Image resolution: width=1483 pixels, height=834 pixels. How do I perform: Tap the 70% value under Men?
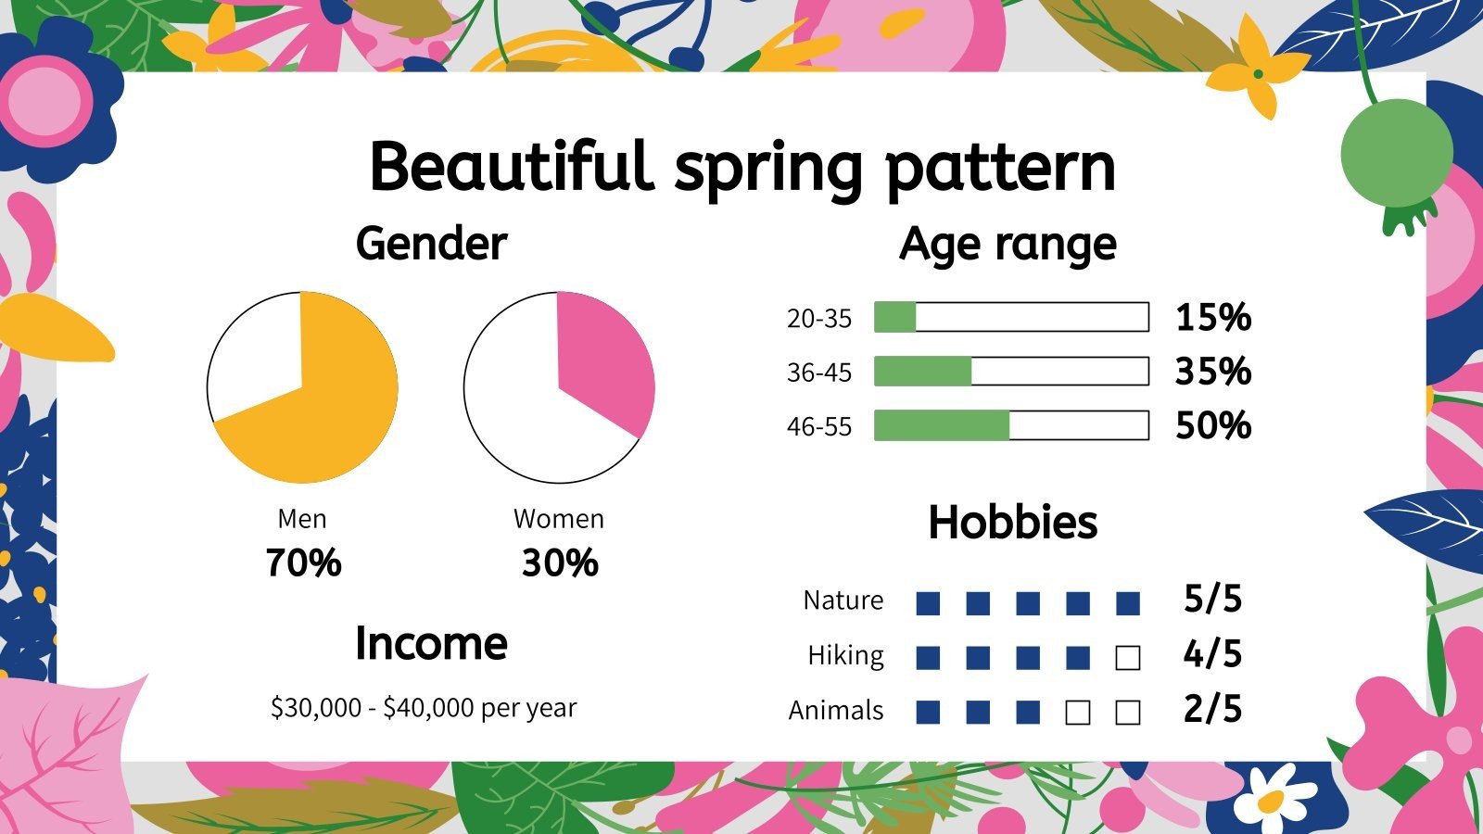point(303,562)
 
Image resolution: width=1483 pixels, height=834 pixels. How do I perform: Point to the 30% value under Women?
point(559,562)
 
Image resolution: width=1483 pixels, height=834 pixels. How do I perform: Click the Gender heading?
point(431,244)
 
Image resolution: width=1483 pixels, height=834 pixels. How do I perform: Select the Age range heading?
point(1008,244)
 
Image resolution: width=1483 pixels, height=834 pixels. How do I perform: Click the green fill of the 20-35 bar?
point(894,317)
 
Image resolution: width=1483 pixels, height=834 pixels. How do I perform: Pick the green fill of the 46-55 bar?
point(941,425)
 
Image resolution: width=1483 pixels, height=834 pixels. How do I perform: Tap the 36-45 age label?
point(818,373)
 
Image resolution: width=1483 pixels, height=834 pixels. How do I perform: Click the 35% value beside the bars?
point(1212,372)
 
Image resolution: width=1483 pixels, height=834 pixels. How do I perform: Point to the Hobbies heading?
point(1012,522)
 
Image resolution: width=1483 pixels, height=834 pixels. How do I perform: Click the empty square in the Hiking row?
point(1127,658)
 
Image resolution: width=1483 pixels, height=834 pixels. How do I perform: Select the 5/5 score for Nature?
point(1212,600)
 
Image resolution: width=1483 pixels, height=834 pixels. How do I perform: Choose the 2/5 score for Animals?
point(1212,709)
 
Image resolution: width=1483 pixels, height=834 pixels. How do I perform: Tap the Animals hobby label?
point(836,711)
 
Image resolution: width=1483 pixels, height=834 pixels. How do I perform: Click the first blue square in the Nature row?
point(928,604)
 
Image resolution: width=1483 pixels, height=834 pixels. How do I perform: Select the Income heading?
point(431,643)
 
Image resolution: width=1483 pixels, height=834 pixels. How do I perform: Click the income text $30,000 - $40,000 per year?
point(423,708)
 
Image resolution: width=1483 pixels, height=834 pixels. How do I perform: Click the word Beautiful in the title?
point(510,167)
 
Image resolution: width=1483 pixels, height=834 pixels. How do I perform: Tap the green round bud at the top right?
point(1396,153)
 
